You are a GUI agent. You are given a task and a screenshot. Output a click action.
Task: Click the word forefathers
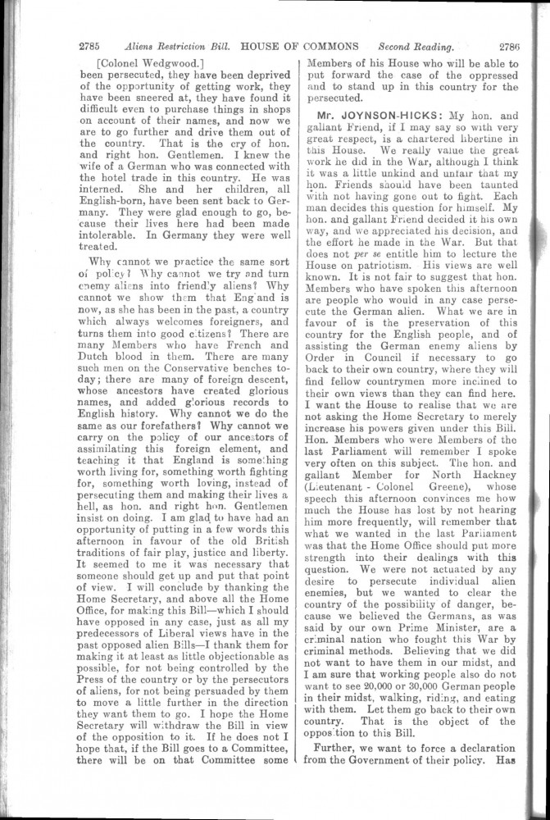tap(168, 426)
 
